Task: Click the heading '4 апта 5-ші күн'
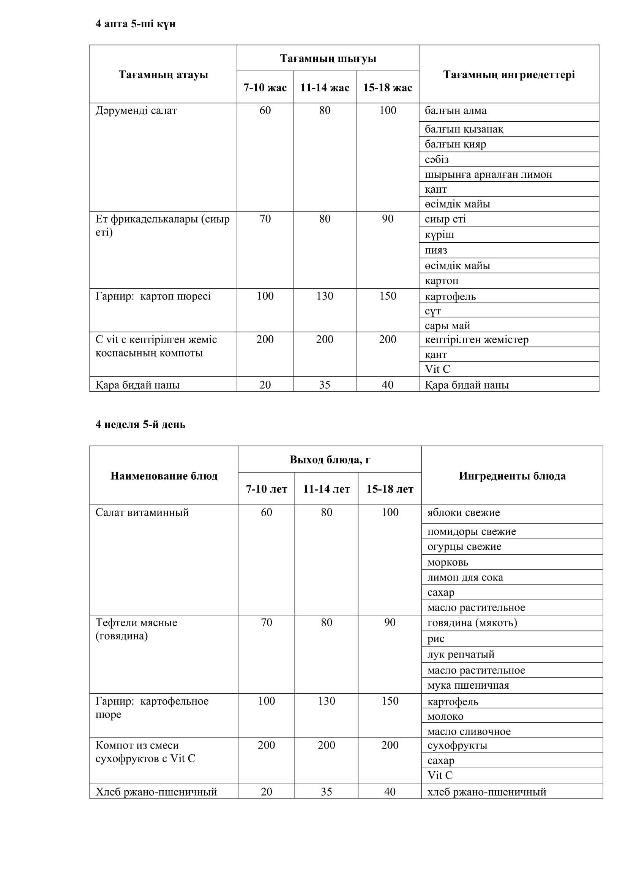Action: coord(135,24)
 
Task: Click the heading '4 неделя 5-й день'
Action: coord(140,424)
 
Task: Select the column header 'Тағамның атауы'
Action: coord(163,74)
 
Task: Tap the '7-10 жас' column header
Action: coord(265,88)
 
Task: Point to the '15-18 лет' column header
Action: coord(390,489)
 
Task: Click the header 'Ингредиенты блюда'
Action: coord(512,476)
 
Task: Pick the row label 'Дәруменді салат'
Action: coord(136,111)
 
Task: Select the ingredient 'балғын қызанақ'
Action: coord(464,129)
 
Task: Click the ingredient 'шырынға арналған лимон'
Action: coord(488,174)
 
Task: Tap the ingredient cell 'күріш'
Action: coord(439,234)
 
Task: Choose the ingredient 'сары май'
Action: coord(447,325)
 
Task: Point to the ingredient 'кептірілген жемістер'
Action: coord(477,339)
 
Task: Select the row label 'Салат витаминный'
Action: coord(142,512)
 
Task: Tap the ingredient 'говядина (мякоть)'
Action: coord(472,622)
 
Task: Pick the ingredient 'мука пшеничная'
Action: coord(468,685)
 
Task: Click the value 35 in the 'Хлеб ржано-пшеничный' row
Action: coord(327,791)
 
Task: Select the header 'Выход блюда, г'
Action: coord(330,460)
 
